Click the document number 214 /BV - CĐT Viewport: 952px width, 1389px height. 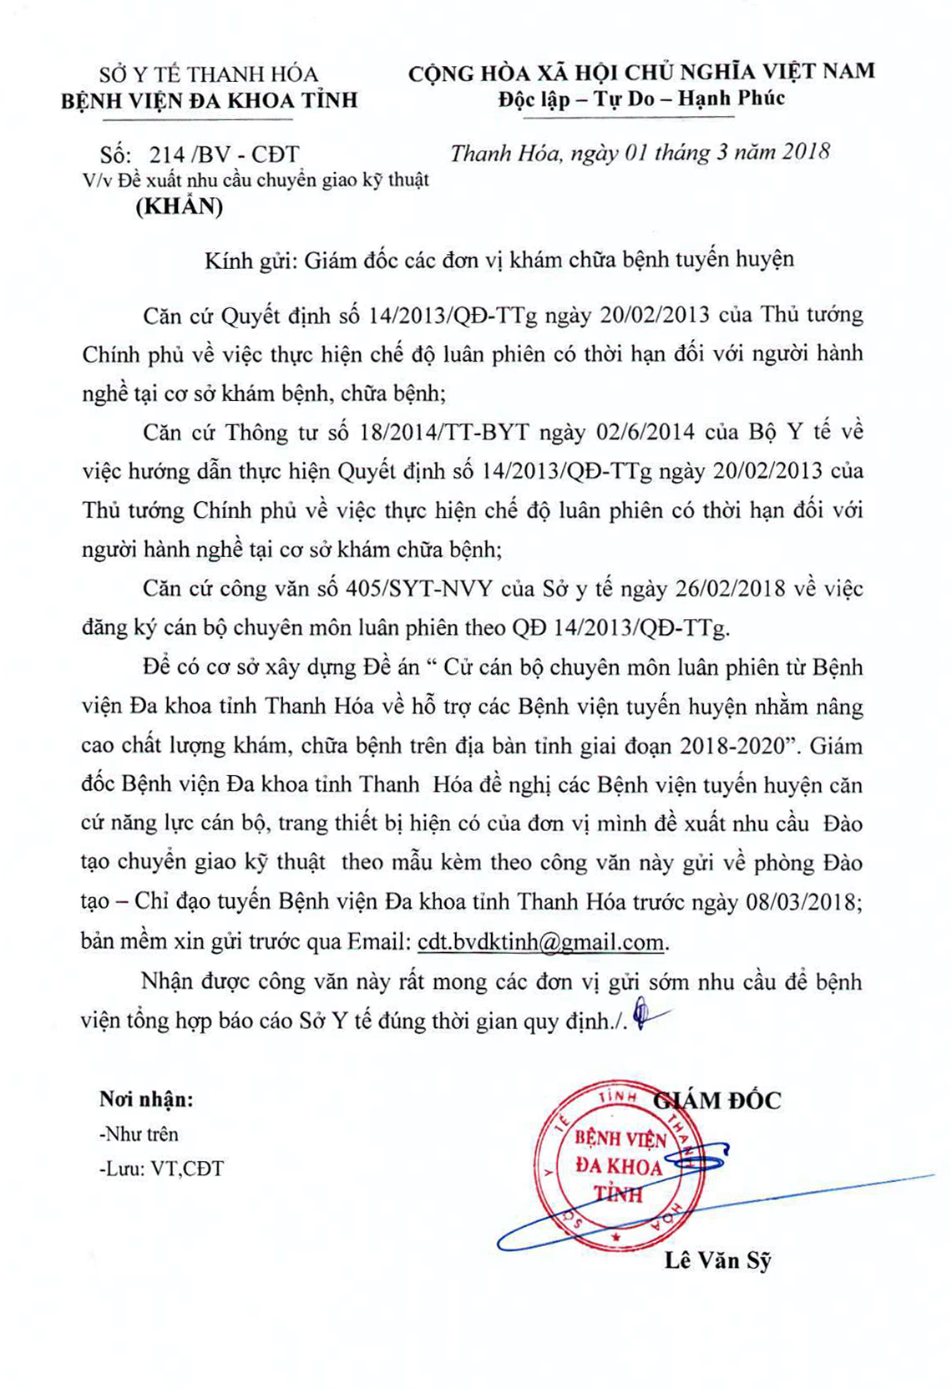pyautogui.click(x=223, y=155)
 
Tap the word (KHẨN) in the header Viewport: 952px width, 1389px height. pyautogui.click(x=180, y=206)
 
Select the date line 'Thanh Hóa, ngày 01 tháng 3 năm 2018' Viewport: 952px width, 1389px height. pyautogui.click(x=640, y=153)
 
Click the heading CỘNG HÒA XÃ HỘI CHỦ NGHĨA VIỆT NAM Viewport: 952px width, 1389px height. pyautogui.click(x=641, y=72)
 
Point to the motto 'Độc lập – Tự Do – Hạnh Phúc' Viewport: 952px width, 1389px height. pyautogui.click(x=641, y=99)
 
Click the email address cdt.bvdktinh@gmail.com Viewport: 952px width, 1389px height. pyautogui.click(x=541, y=941)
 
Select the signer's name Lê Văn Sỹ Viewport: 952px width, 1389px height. pyautogui.click(x=717, y=1260)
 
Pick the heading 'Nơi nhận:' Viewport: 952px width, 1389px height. pyautogui.click(x=146, y=1099)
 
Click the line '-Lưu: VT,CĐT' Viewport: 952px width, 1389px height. pyautogui.click(x=161, y=1168)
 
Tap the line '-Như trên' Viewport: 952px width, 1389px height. pyautogui.click(x=139, y=1134)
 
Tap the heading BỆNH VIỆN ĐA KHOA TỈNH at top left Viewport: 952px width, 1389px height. pyautogui.click(x=210, y=100)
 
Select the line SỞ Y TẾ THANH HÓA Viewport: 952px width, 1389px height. pyautogui.click(x=209, y=74)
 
